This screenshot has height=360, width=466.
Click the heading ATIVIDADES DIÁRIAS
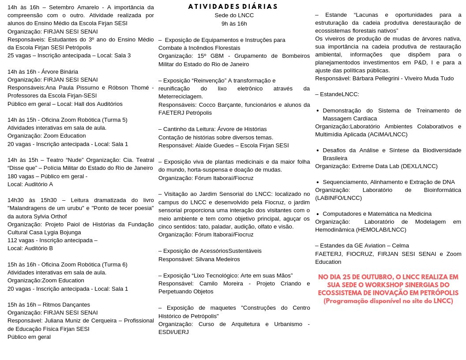tap(233, 7)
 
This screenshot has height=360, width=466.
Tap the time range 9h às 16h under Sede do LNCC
tap(234, 23)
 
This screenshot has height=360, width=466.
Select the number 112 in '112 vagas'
tap(13, 240)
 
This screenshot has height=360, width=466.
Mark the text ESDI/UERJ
tap(173, 332)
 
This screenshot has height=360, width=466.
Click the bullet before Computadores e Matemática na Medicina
tap(318, 214)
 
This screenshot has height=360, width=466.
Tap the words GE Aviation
tap(375, 245)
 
